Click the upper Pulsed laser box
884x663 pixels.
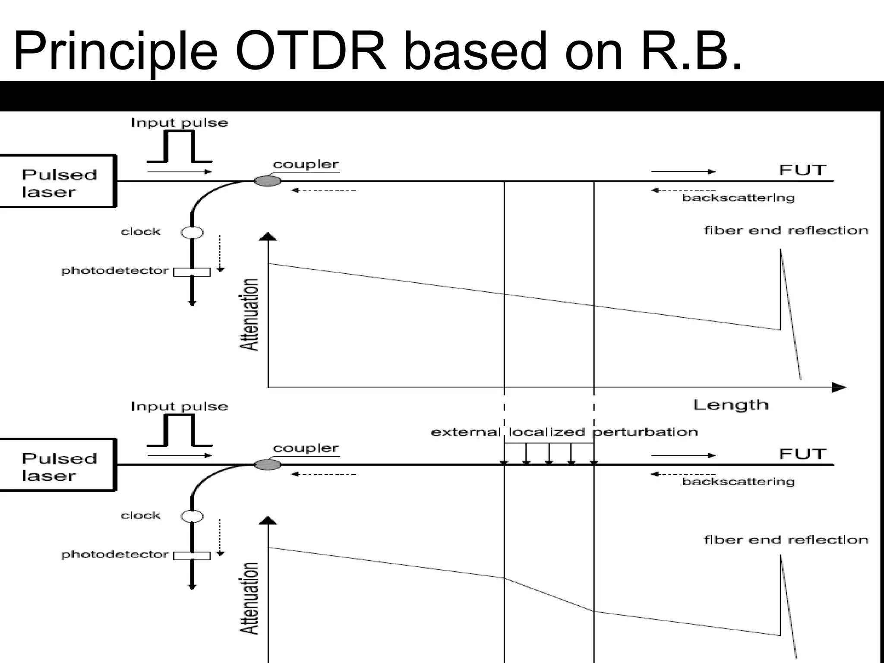click(58, 181)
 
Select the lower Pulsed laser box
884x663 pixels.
click(58, 465)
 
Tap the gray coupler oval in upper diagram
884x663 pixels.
click(268, 181)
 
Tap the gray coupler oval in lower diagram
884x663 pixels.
click(268, 465)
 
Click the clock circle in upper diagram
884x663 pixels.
click(192, 233)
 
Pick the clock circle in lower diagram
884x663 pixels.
click(192, 516)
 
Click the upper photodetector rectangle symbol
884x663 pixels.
click(192, 272)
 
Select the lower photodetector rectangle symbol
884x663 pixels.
click(192, 556)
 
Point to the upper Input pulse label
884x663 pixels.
click(179, 123)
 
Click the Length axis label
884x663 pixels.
click(730, 405)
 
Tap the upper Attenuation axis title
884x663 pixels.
click(249, 314)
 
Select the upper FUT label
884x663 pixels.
click(802, 170)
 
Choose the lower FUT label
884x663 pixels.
click(802, 454)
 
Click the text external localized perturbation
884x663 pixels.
click(564, 432)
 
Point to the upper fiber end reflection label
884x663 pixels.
click(786, 230)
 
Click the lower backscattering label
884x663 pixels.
click(738, 482)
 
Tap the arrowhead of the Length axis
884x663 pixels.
click(838, 387)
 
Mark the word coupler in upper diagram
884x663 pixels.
click(306, 164)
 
